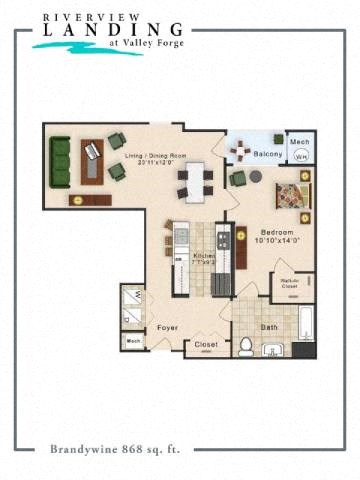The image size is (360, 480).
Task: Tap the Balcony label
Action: (265, 155)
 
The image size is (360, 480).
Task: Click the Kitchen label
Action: (205, 255)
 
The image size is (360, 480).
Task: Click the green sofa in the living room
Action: (61, 163)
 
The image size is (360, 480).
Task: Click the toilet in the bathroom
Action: (244, 346)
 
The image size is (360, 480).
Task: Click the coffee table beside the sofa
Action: (92, 160)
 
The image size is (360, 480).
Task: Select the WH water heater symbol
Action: (300, 157)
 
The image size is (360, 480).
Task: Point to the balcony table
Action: (240, 151)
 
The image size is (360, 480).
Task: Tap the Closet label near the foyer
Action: (206, 345)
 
